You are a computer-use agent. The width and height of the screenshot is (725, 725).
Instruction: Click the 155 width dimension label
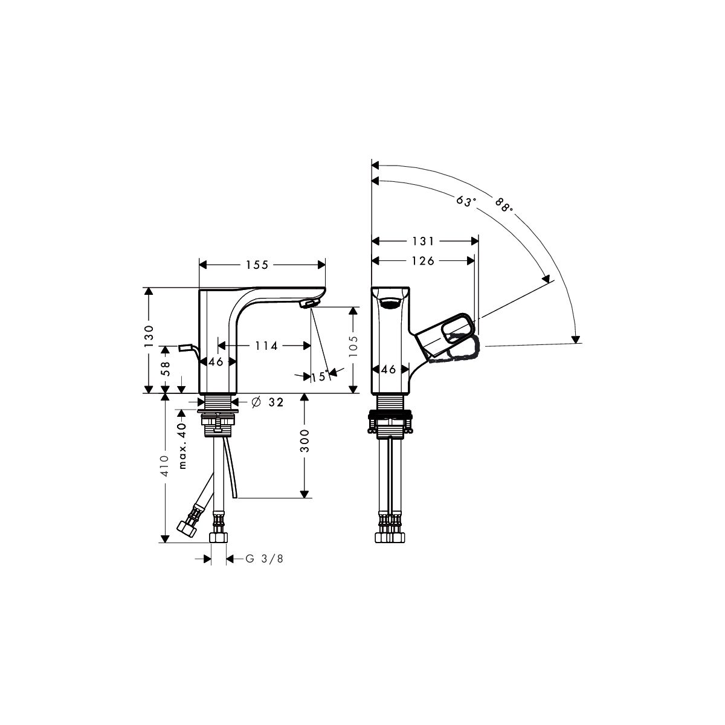257,265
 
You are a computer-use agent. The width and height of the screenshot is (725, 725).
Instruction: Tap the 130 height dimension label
149,336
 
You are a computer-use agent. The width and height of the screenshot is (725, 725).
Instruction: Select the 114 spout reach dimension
266,346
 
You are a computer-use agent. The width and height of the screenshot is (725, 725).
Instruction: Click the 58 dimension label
166,369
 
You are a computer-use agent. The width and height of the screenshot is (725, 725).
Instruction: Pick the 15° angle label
320,376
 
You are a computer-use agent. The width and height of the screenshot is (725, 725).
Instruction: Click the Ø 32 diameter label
267,402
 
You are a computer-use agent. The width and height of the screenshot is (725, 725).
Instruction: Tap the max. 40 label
182,446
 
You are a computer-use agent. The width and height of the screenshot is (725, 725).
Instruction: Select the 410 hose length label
165,466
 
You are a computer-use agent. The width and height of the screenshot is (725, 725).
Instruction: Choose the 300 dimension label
304,441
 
